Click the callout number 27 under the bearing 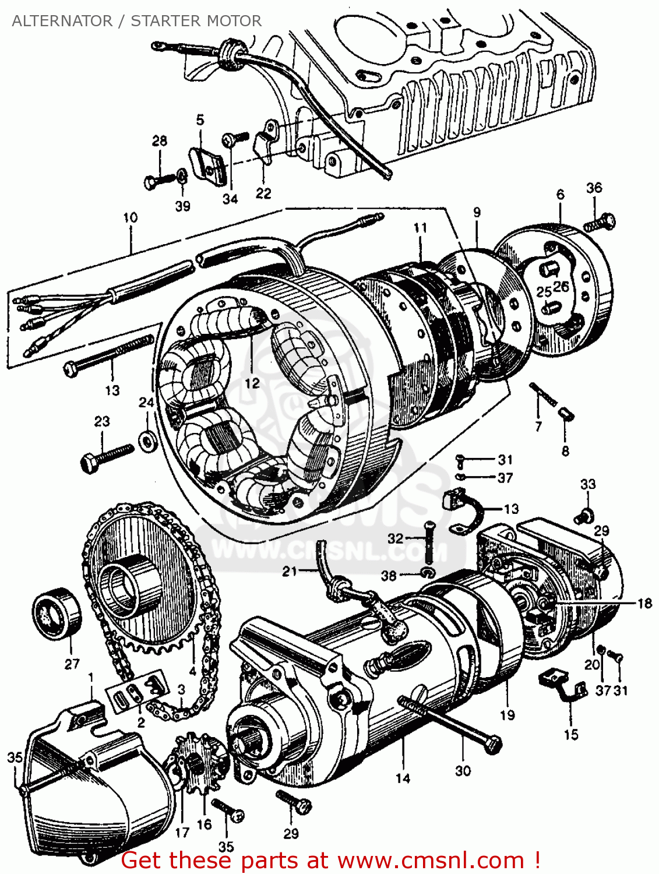[x=72, y=664]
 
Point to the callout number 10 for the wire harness [x=131, y=217]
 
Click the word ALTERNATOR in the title [x=62, y=21]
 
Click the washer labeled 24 [x=147, y=440]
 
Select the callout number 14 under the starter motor [x=403, y=778]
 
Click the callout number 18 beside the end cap [x=644, y=603]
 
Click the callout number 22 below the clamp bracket [x=263, y=193]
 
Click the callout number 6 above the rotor [x=560, y=194]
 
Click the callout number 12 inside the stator [x=252, y=383]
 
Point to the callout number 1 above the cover [x=90, y=678]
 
